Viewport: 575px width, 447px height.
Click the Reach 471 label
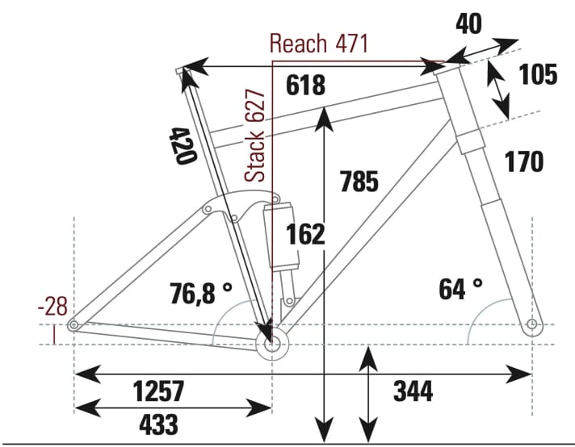(x=318, y=44)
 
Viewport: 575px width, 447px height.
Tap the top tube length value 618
(x=305, y=85)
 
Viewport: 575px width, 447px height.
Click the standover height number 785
(x=359, y=182)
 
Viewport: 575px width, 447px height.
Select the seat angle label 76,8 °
(x=201, y=292)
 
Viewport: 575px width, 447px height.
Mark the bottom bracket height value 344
(x=413, y=392)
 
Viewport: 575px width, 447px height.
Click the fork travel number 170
(x=524, y=162)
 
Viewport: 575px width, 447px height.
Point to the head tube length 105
(x=538, y=75)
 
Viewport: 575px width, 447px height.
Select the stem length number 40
(x=468, y=24)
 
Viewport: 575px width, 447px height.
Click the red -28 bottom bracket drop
(x=53, y=307)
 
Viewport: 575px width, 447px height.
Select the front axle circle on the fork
(x=531, y=325)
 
